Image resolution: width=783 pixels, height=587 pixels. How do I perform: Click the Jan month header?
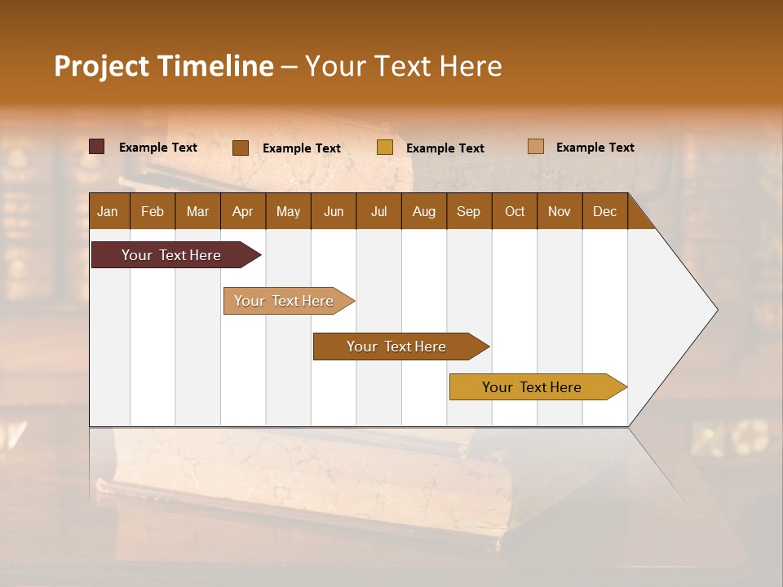[x=108, y=211]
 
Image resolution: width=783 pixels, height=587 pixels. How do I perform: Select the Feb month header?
[x=153, y=211]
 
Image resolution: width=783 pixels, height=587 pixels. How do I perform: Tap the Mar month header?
[x=197, y=211]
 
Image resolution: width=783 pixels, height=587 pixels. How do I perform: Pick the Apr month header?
[x=243, y=211]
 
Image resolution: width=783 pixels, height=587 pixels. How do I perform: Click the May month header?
[x=288, y=211]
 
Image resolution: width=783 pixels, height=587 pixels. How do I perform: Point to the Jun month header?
[x=334, y=211]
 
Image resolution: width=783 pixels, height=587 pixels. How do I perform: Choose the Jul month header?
[x=378, y=211]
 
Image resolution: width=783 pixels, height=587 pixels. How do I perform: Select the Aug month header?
[x=424, y=211]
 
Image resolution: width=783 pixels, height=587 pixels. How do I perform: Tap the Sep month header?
[x=469, y=211]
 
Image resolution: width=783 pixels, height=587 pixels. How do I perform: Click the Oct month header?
[x=515, y=211]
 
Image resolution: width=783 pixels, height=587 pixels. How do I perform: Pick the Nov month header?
[x=560, y=211]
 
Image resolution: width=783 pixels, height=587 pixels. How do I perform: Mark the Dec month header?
[x=605, y=211]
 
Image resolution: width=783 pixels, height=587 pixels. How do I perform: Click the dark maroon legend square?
[x=97, y=147]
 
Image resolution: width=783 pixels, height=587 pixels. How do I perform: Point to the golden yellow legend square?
[x=385, y=148]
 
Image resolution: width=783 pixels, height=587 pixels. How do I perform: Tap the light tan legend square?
[x=536, y=147]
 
